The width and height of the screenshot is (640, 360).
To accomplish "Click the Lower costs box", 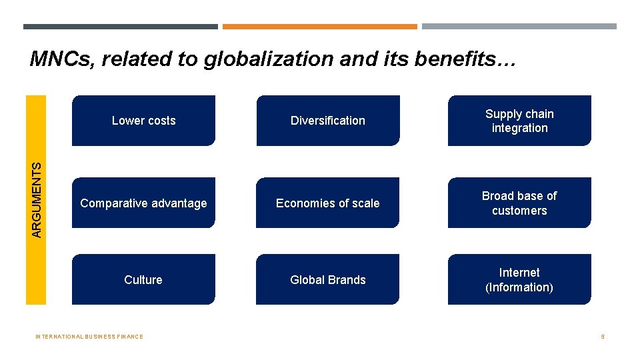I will (x=143, y=121).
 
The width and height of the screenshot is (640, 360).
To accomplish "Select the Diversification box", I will (x=328, y=121).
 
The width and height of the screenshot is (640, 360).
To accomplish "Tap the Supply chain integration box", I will (x=519, y=121).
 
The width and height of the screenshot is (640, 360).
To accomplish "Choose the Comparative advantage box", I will (x=143, y=203).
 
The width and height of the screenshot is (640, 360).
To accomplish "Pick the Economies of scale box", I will (x=328, y=203).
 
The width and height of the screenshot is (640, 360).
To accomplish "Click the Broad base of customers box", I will (x=519, y=203).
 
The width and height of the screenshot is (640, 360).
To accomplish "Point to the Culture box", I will (x=143, y=280).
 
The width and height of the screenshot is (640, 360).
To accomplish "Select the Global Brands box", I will (x=328, y=280).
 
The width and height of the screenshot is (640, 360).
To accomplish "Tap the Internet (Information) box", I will (x=519, y=280).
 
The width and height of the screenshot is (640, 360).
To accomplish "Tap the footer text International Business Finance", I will (x=89, y=337).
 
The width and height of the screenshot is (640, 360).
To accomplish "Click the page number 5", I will (x=603, y=337).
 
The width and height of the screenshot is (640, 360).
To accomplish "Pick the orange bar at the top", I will (x=319, y=27).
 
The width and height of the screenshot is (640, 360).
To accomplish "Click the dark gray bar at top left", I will (x=120, y=27).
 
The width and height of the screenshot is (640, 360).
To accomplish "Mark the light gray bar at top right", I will (x=519, y=27).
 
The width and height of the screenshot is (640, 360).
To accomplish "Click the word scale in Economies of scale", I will (x=365, y=203).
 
